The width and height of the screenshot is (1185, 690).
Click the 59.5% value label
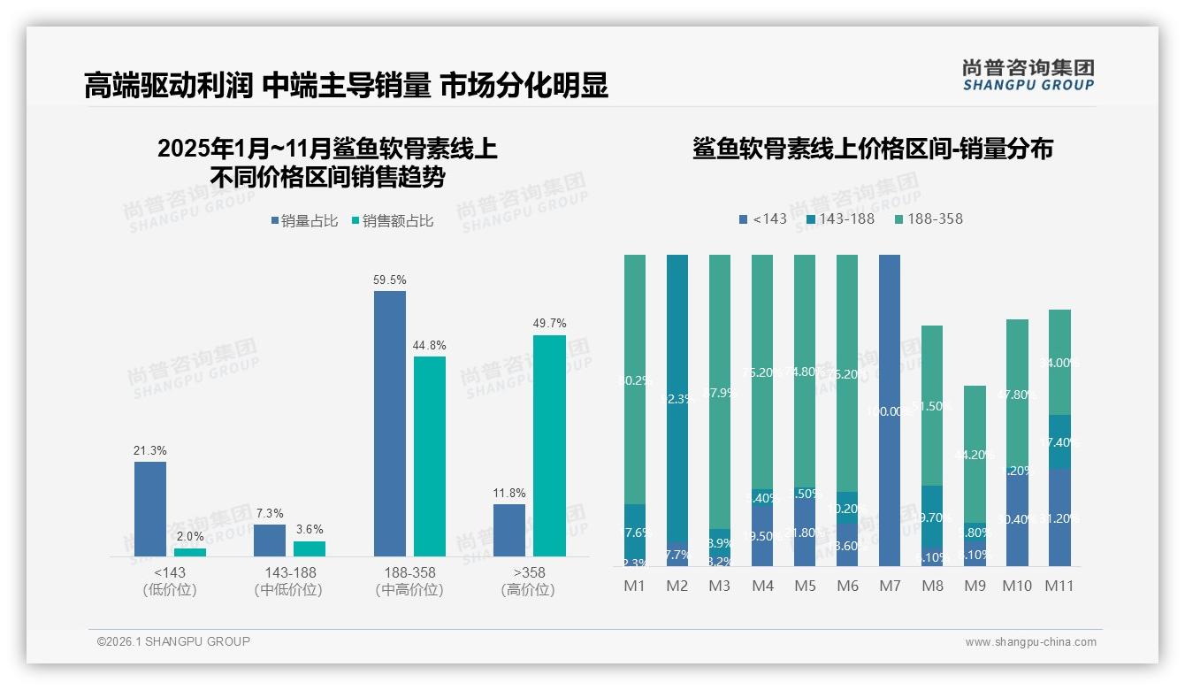(x=390, y=280)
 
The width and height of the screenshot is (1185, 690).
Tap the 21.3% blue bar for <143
(x=150, y=509)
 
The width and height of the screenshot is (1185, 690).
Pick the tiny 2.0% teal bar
(x=190, y=552)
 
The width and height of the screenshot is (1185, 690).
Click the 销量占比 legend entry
(x=303, y=221)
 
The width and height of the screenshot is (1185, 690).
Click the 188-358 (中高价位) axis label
(x=409, y=580)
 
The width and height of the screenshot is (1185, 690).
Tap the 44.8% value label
(x=430, y=345)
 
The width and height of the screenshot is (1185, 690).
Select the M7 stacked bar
(x=890, y=410)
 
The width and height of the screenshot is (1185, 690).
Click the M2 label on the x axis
(x=677, y=586)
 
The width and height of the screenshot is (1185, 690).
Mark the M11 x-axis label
(x=1059, y=586)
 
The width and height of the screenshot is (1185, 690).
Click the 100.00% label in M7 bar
(x=890, y=410)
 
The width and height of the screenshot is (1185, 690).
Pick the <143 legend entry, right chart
(x=762, y=218)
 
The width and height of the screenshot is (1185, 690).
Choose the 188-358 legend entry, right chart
(x=929, y=218)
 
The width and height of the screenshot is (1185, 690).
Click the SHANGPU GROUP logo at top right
(x=1028, y=75)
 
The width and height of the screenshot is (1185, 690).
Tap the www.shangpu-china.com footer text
(x=1030, y=642)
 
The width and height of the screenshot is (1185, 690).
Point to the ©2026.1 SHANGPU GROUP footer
(x=173, y=641)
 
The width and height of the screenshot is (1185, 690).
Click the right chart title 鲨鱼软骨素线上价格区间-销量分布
(x=872, y=149)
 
